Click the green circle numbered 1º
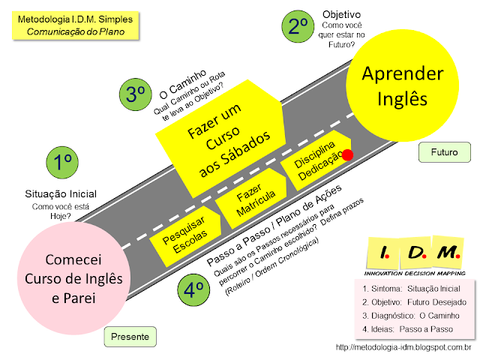[62, 162]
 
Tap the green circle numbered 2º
[298, 26]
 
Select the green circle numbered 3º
[135, 94]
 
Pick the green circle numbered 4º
[193, 289]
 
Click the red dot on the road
[347, 155]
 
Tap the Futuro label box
[445, 152]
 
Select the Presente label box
[130, 337]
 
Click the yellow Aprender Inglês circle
[402, 85]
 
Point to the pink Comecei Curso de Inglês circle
[73, 278]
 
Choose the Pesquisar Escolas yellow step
[185, 235]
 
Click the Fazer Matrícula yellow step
[252, 198]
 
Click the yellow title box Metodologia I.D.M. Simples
[75, 25]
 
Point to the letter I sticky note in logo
[384, 253]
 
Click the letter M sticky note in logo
[448, 252]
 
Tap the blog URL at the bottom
[403, 347]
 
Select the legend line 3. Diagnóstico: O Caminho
[411, 316]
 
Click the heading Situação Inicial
[61, 193]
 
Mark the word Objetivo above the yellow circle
[342, 15]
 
